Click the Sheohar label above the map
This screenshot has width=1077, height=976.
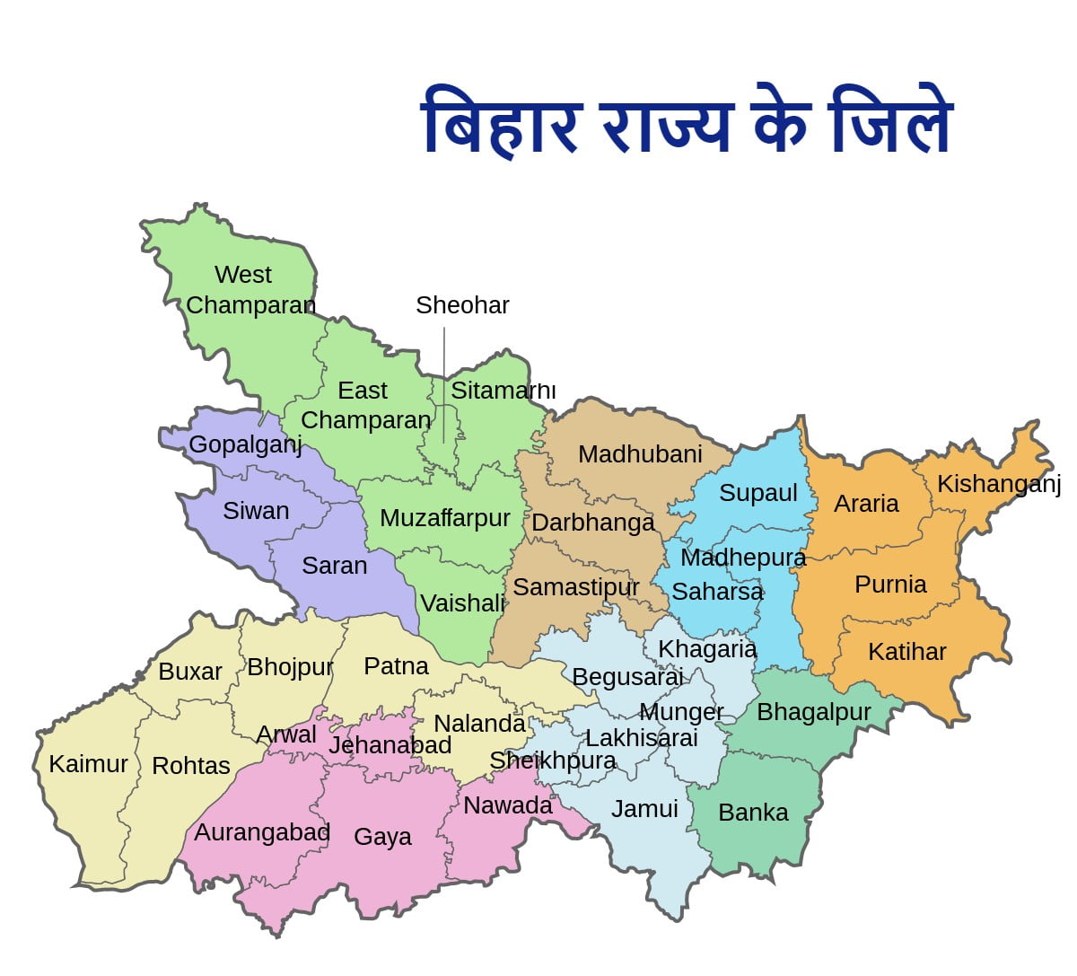(x=462, y=305)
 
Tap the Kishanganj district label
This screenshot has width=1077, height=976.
(x=998, y=485)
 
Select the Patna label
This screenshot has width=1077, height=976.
(x=396, y=666)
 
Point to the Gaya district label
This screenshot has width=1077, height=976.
(x=382, y=837)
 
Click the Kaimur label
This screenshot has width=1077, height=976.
(x=88, y=764)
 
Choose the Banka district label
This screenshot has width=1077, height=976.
(x=753, y=813)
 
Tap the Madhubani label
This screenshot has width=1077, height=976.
(x=640, y=454)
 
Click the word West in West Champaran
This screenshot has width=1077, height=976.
(x=242, y=275)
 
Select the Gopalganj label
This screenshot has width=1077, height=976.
(x=245, y=444)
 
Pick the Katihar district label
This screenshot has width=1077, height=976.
(x=906, y=652)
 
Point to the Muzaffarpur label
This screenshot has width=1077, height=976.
(x=444, y=518)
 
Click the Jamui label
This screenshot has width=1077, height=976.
(x=644, y=809)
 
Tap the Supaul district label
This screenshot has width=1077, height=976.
(x=757, y=493)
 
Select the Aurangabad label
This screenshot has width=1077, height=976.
(x=262, y=832)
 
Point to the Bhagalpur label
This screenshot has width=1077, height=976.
(x=813, y=712)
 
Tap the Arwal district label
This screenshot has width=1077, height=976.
(x=286, y=734)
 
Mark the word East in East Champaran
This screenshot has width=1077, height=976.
(x=362, y=391)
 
